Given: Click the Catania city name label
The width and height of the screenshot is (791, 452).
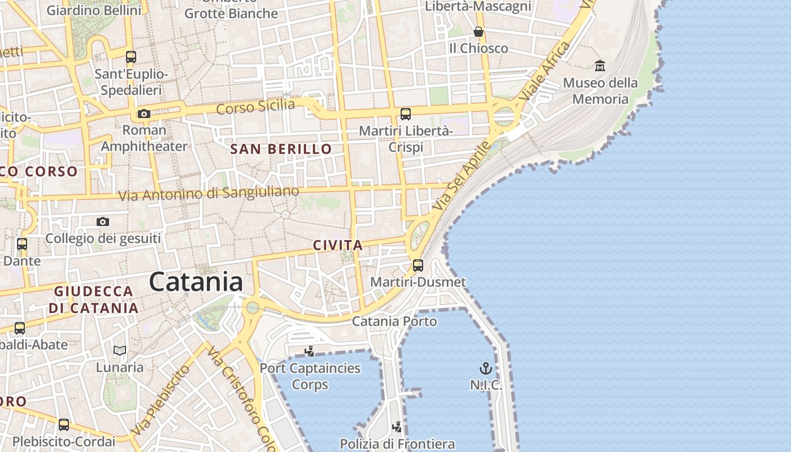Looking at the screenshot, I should coord(196,282).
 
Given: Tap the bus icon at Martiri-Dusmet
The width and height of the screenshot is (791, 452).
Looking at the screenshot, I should coord(418,265).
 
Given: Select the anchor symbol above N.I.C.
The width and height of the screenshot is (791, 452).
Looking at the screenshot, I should coord(485,369).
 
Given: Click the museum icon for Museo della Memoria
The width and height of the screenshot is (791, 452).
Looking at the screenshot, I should coord(600,66).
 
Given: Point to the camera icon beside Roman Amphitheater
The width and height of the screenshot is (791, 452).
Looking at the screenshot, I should coord(144,114).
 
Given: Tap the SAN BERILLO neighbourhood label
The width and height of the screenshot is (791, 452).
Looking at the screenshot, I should coord(281,149).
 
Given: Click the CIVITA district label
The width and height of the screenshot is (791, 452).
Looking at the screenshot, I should coord(337,246).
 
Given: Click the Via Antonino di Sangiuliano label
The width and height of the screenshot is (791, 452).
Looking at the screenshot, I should coord(208,194).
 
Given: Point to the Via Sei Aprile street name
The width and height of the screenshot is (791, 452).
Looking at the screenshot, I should coord(460,177).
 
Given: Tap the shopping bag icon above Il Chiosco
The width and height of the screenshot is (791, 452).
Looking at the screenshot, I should coord(479,32).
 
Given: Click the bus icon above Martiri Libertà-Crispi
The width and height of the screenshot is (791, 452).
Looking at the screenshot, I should coord(406,114).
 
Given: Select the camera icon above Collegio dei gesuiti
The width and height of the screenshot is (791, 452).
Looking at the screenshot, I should coord(102,221).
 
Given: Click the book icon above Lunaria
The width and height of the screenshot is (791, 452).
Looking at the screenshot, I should coord(119,350).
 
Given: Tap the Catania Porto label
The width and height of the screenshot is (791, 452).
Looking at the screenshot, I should coord(394,321).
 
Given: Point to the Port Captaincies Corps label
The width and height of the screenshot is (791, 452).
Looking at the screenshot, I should coord(310,376).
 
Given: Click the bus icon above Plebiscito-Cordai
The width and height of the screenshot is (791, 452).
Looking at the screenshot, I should coord(64,424).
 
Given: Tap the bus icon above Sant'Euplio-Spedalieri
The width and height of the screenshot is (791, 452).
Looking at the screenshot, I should coord(131,57).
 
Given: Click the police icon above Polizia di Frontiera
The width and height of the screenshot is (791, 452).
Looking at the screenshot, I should coord(398,427).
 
